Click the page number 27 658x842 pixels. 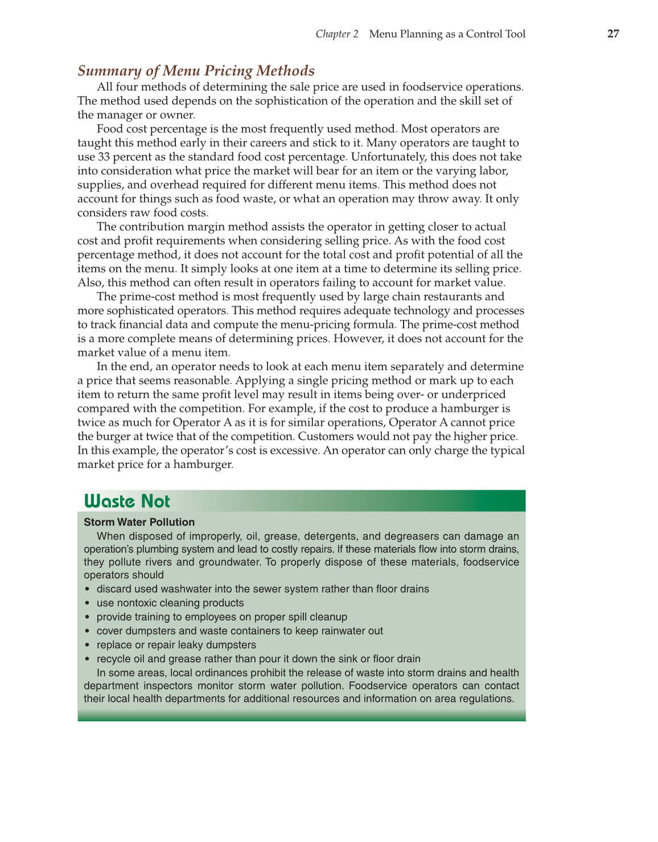pos(613,34)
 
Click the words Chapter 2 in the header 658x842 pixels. pos(337,34)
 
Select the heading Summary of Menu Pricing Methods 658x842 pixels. pos(196,71)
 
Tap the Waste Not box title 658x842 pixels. pos(127,501)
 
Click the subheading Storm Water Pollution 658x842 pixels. pos(139,522)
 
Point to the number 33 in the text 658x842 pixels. pos(104,157)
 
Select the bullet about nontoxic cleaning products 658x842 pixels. pos(170,603)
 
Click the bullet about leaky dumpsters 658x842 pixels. pos(176,644)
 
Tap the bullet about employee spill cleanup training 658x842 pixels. pos(221,617)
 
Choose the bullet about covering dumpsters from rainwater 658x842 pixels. pos(239,631)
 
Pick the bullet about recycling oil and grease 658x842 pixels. pos(258,659)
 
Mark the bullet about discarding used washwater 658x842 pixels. pos(262,589)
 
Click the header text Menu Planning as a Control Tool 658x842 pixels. pos(447,34)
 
